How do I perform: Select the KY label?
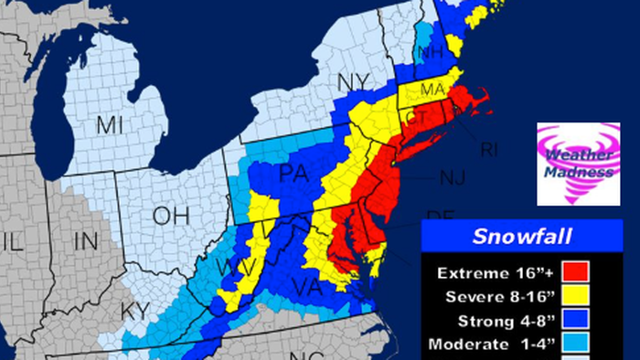click(135, 311)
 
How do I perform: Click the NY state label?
click(353, 82)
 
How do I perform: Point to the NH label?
click(431, 53)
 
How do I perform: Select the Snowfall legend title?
click(522, 238)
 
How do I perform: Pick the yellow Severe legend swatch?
click(576, 297)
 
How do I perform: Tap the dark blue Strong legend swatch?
click(576, 322)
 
